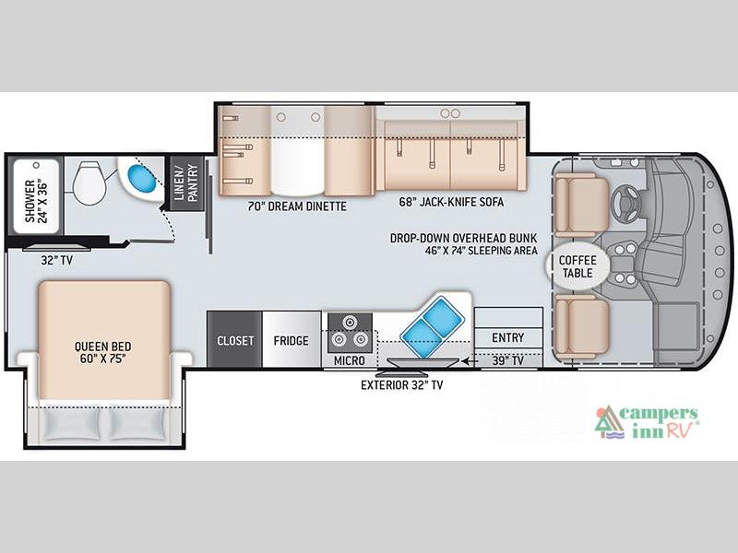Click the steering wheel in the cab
[x=627, y=204]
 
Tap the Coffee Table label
[x=577, y=266]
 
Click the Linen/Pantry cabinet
[x=186, y=182]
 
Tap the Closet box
[x=235, y=339]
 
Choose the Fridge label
[x=291, y=340]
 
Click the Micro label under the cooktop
[x=350, y=360]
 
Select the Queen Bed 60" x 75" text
[x=103, y=352]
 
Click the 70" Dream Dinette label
[x=297, y=206]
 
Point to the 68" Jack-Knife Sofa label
[x=451, y=202]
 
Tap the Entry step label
[x=508, y=337]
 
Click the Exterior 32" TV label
[x=402, y=385]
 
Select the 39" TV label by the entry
[x=508, y=360]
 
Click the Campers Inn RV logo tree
[x=609, y=421]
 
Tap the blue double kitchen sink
[x=432, y=326]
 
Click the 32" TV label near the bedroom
[x=57, y=260]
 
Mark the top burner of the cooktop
[x=350, y=323]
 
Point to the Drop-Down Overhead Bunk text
[x=464, y=238]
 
